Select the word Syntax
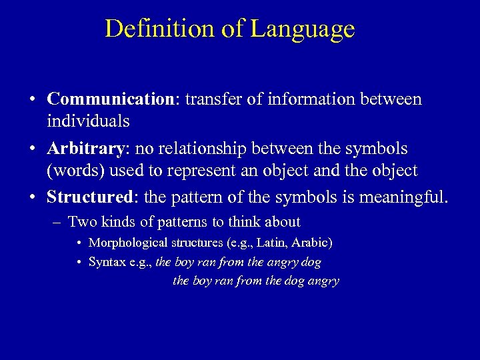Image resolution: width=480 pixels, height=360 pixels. tap(109, 263)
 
